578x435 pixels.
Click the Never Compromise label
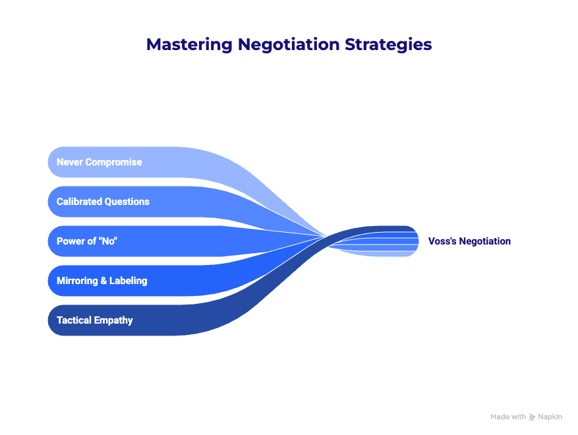point(99,162)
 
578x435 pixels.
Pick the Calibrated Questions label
point(103,202)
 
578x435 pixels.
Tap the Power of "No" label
point(87,241)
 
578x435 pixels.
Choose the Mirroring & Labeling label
point(101,281)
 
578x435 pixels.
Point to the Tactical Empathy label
point(94,320)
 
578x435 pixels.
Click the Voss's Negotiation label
point(469,241)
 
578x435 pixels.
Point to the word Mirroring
point(76,281)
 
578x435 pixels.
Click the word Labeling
point(128,281)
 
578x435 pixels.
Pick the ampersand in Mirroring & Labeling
point(103,281)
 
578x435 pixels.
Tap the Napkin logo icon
point(533,417)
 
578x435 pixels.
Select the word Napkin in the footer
point(550,417)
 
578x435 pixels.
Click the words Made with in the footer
point(508,417)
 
